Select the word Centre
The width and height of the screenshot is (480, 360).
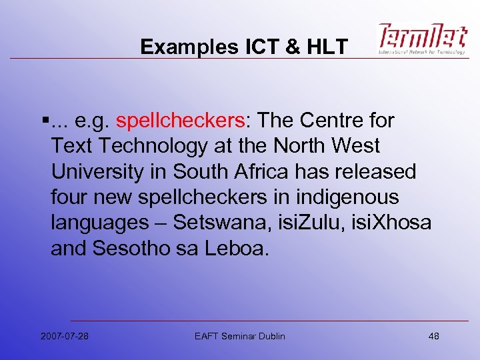(331, 121)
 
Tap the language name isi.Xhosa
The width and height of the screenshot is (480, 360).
(394, 223)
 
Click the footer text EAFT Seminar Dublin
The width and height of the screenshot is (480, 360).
(239, 335)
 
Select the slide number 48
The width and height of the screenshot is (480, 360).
(433, 335)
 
